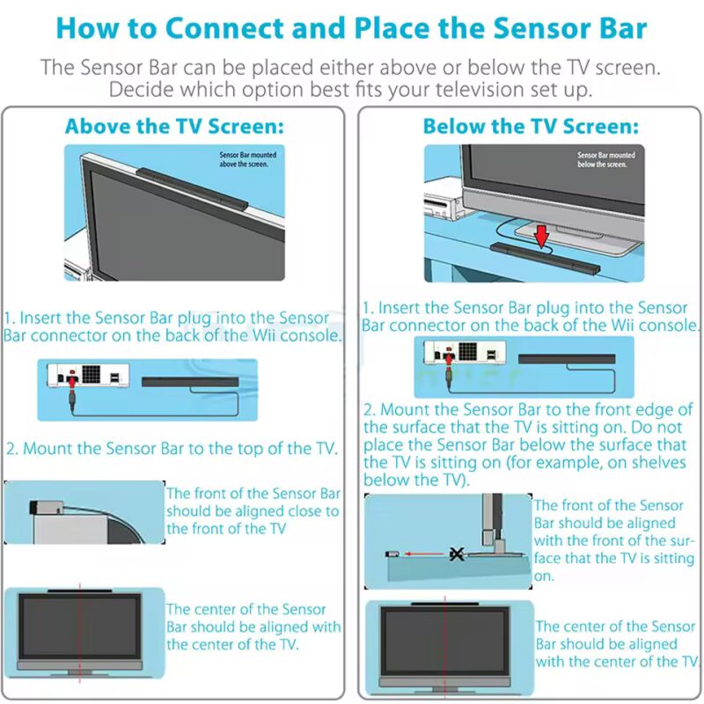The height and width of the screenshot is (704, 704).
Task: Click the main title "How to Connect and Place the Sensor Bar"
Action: pyautogui.click(x=351, y=27)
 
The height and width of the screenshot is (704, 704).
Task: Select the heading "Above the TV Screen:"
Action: pyautogui.click(x=174, y=126)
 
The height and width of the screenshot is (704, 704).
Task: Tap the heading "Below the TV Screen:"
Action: pyautogui.click(x=530, y=126)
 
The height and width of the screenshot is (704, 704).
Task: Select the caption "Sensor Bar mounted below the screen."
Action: pyautogui.click(x=605, y=159)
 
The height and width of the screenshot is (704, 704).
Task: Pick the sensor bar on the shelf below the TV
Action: pyautogui.click(x=546, y=259)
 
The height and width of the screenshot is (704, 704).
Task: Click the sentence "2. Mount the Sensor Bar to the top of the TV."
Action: pyautogui.click(x=172, y=448)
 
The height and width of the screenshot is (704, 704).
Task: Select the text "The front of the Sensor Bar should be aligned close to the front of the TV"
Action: pyautogui.click(x=253, y=510)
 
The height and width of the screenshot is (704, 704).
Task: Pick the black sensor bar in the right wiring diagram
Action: pyautogui.click(x=566, y=358)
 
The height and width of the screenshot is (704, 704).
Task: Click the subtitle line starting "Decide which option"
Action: pyautogui.click(x=349, y=90)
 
